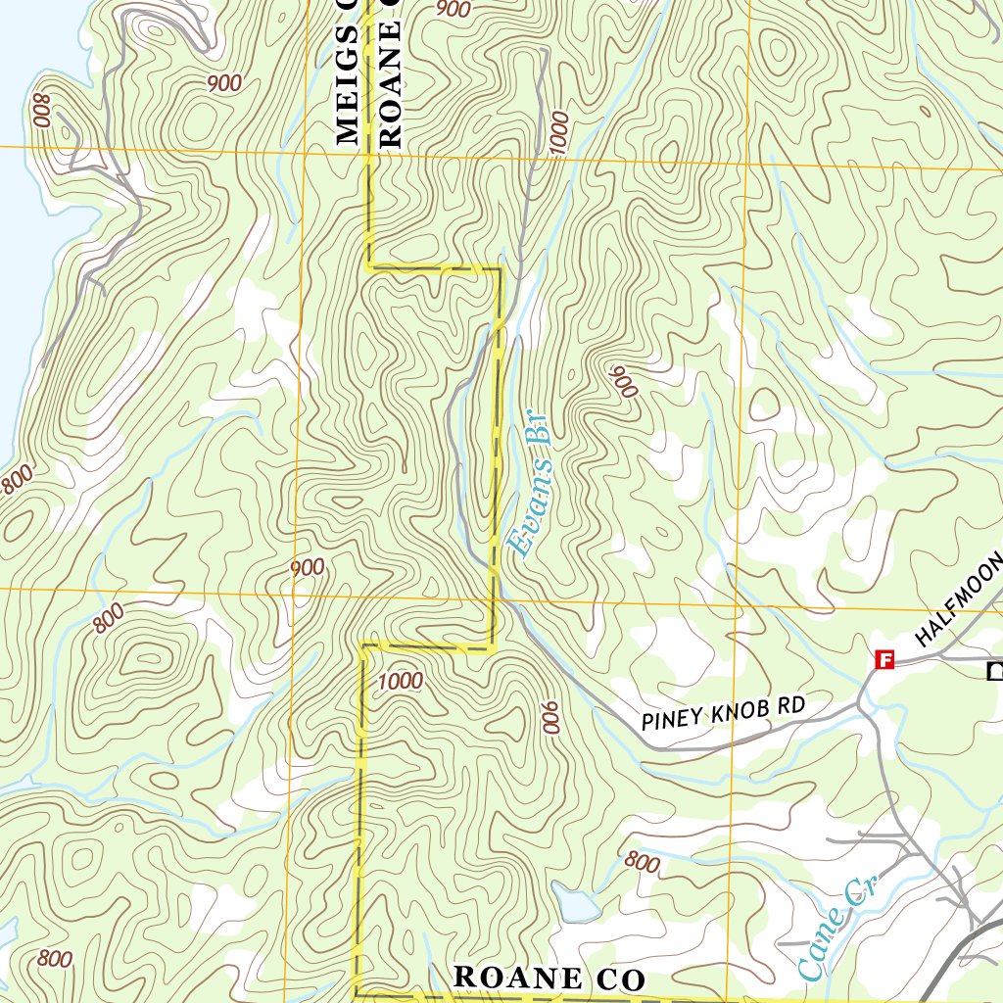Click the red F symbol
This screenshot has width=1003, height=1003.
point(884,660)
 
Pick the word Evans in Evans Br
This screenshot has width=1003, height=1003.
point(527,519)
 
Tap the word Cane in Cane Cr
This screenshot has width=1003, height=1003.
point(819,944)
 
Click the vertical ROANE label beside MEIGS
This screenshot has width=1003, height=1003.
point(390,73)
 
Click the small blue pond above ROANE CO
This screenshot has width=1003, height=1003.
point(575,901)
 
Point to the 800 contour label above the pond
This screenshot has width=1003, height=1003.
point(642,863)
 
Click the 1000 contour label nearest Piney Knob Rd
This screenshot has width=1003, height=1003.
point(399,681)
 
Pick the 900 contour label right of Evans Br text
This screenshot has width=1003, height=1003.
point(624,383)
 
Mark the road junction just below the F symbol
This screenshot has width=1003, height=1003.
point(861,701)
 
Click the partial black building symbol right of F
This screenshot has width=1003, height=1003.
point(995,671)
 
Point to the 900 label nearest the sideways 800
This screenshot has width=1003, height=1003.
point(224,83)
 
